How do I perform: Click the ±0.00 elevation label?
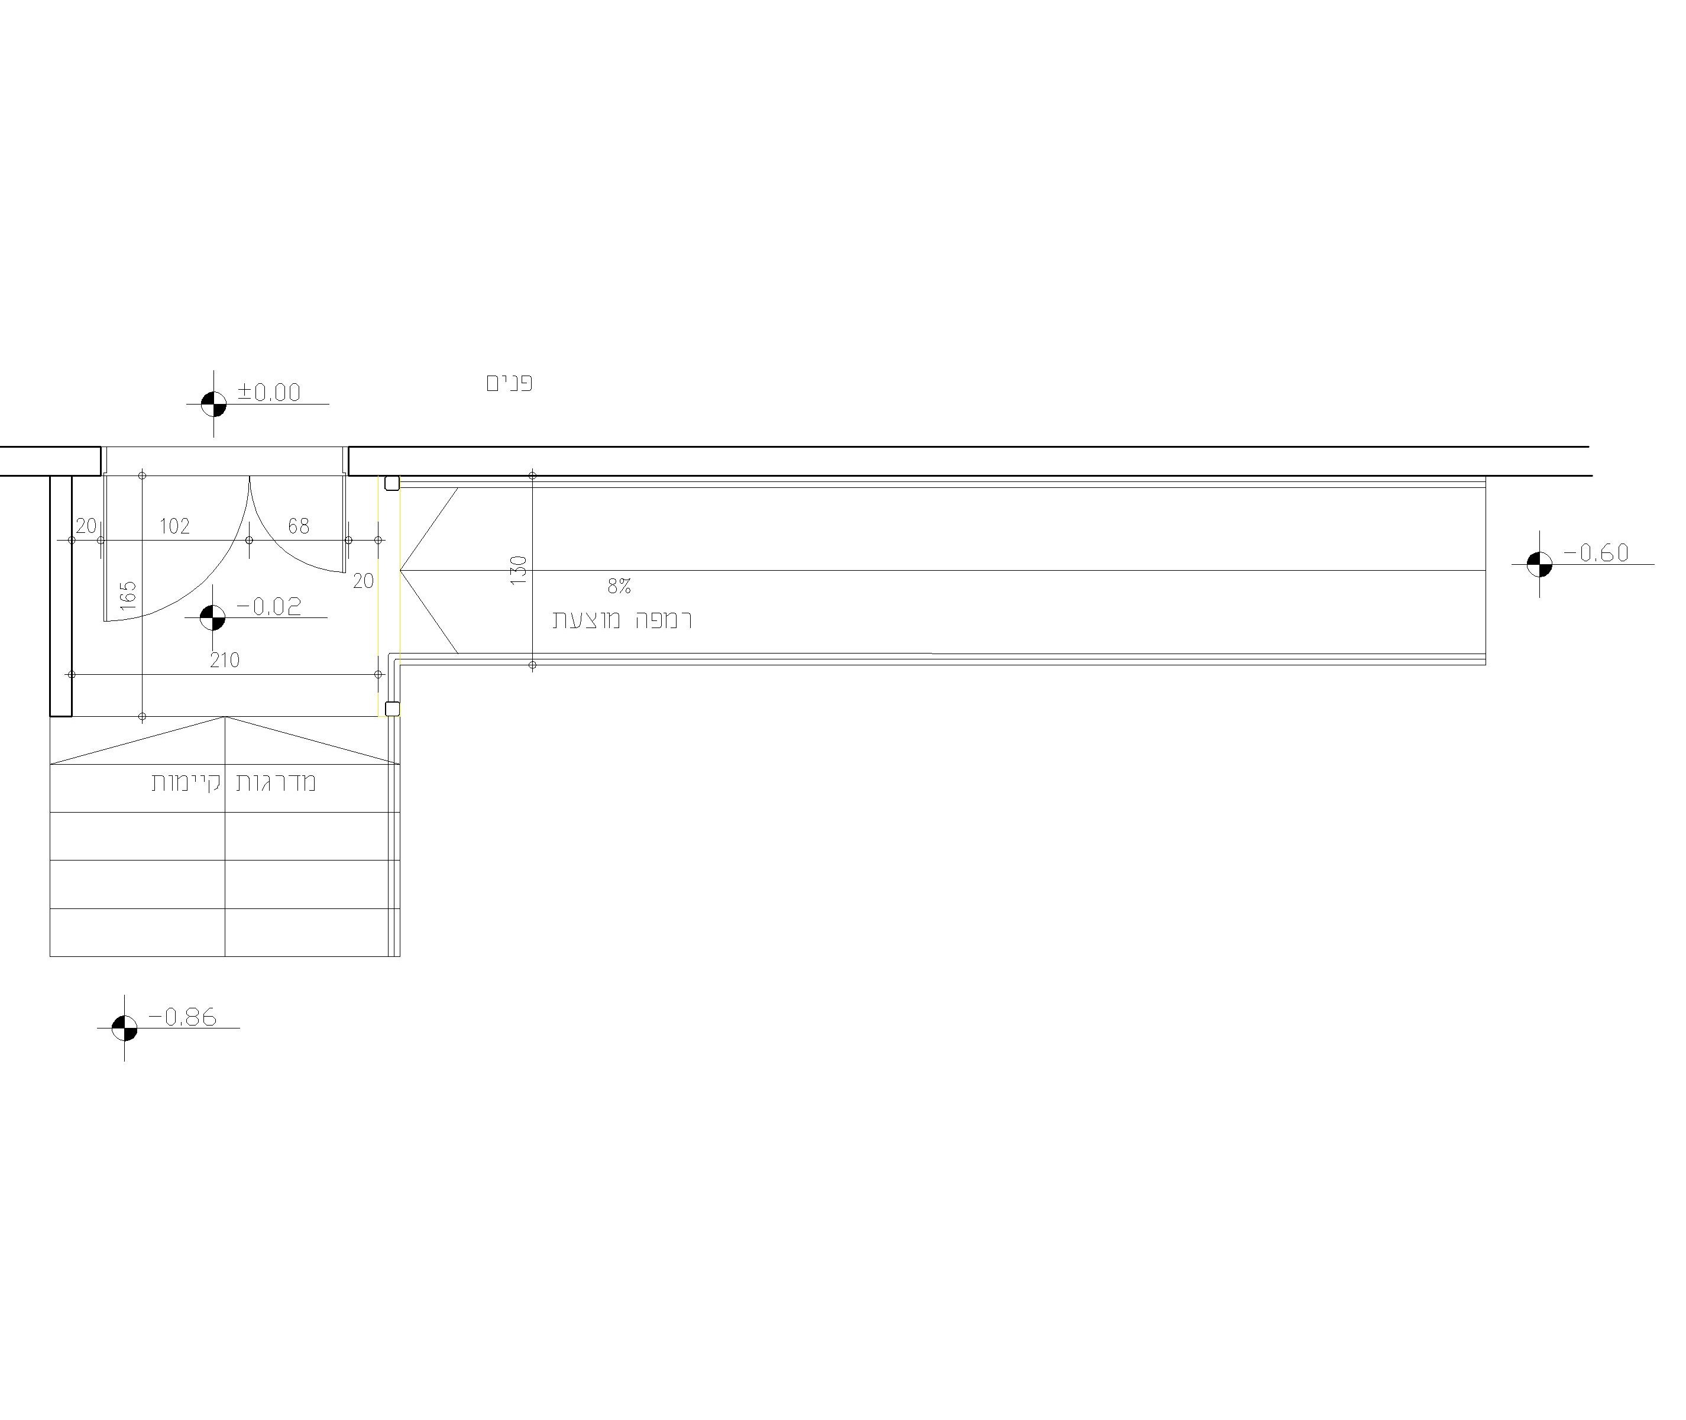[269, 392]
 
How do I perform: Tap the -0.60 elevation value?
[1596, 552]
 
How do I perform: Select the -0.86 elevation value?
[183, 1017]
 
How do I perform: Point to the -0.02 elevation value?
[269, 606]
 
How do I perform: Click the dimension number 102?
[174, 526]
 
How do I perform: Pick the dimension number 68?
[299, 526]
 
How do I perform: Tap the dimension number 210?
[225, 660]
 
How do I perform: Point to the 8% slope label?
[619, 586]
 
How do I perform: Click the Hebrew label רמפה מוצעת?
[622, 619]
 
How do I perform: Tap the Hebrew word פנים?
[509, 383]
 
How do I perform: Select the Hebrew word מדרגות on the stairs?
[276, 782]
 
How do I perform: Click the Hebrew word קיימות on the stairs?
[186, 782]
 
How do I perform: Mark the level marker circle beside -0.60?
[1539, 564]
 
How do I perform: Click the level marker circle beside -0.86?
[124, 1028]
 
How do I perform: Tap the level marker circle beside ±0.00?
[213, 404]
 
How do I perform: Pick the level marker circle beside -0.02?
[212, 617]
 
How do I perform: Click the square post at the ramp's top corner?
[392, 483]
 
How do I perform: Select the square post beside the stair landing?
[392, 709]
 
